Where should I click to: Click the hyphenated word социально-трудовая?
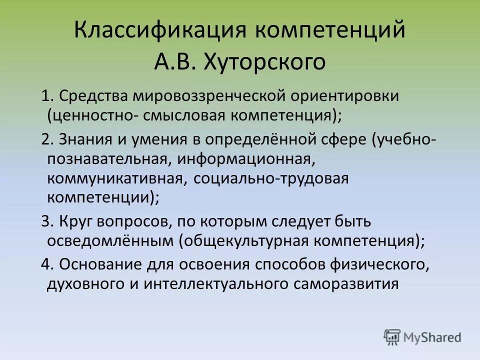[x=267, y=178]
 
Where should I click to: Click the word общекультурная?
[x=246, y=240]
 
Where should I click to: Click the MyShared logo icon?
[x=392, y=337]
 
